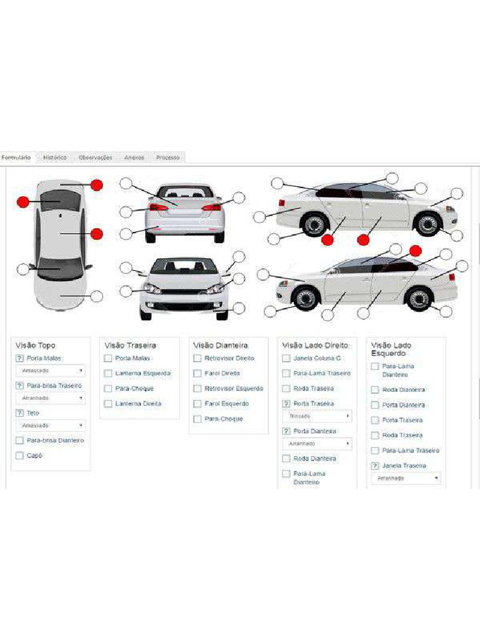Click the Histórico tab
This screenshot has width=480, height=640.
point(55,157)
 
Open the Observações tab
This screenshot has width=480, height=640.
point(95,157)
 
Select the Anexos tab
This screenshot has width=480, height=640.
point(134,157)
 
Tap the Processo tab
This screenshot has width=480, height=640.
point(167,157)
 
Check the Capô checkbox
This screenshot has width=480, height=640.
point(19,456)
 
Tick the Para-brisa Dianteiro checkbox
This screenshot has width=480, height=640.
point(19,441)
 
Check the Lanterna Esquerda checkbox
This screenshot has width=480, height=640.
point(108,373)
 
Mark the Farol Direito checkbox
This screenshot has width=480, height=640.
point(197,373)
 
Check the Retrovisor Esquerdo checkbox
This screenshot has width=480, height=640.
point(197,389)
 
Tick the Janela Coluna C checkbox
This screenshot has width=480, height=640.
point(286,358)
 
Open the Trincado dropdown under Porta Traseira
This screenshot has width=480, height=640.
point(317,416)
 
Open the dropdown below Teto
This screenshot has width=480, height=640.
point(50,426)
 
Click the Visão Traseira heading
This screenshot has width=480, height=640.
point(130,345)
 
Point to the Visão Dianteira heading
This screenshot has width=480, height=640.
point(221,345)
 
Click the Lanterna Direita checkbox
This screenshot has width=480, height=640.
point(108,404)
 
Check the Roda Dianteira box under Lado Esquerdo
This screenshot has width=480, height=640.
point(375,389)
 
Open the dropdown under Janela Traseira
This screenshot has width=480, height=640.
point(406,478)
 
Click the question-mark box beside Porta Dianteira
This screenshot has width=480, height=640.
point(286,431)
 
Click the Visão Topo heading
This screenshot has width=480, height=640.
point(35,345)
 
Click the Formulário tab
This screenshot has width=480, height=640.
point(16,157)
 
